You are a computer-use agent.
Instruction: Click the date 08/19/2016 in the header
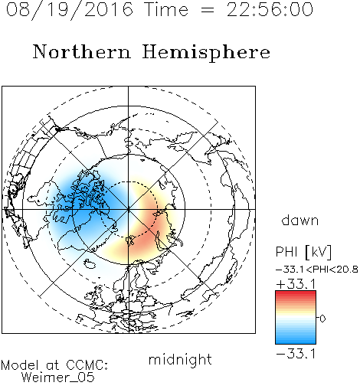(x=70, y=10)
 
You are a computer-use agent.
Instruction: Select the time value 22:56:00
(x=270, y=9)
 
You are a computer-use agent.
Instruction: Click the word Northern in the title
(x=82, y=52)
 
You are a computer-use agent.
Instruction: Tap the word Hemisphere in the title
(x=206, y=52)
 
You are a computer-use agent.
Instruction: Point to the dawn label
(x=300, y=220)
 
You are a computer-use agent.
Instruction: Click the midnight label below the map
(x=180, y=360)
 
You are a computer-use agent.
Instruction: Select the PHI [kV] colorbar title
(x=303, y=252)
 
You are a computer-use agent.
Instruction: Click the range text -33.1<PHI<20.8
(x=317, y=270)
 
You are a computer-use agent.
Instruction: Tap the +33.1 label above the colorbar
(x=296, y=284)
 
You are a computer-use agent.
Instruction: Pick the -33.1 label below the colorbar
(x=296, y=354)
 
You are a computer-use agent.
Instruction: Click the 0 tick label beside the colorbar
(x=322, y=319)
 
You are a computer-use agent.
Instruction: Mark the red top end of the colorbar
(x=296, y=293)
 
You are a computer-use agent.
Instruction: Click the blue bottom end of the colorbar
(x=296, y=342)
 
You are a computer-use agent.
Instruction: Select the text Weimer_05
(x=57, y=378)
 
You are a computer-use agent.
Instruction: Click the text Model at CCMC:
(x=54, y=365)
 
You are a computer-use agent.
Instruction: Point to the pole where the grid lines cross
(x=128, y=209)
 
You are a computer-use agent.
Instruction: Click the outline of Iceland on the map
(x=90, y=264)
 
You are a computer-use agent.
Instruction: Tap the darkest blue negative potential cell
(x=82, y=201)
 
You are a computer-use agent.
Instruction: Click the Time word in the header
(x=166, y=9)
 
